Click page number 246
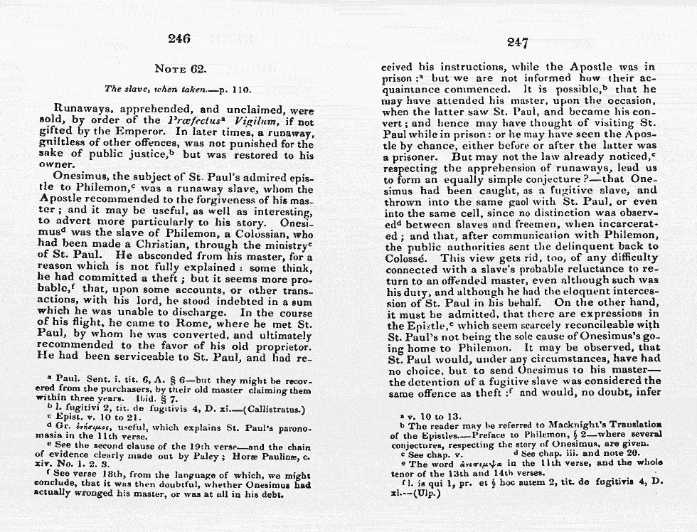pos(179,38)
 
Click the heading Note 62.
pos(180,69)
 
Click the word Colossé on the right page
pos(408,258)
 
